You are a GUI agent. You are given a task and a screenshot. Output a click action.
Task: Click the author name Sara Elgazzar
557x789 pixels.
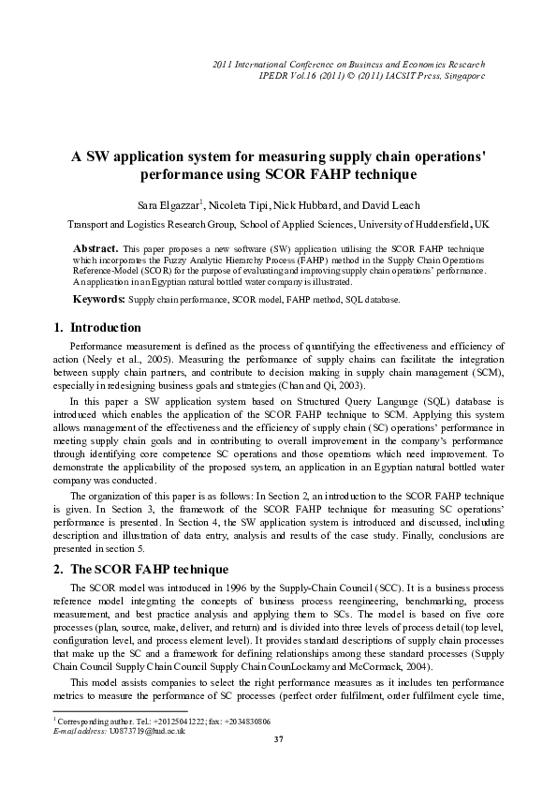168,204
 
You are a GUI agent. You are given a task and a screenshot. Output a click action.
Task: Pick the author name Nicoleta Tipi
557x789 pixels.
241,204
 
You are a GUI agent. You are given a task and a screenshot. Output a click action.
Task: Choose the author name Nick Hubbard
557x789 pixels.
315,204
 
